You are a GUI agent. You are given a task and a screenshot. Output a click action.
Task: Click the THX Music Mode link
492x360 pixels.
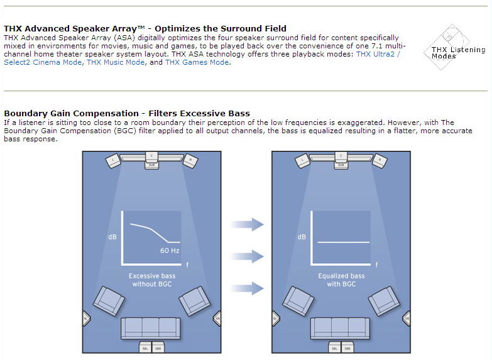click(x=115, y=62)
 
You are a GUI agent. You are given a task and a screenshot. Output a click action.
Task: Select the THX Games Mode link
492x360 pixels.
click(x=197, y=62)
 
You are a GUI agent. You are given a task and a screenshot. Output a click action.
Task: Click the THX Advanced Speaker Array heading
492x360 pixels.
click(x=145, y=28)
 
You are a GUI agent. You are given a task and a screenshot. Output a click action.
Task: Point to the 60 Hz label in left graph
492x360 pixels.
click(x=170, y=250)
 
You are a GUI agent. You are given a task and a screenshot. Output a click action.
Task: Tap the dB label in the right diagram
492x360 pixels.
click(x=302, y=237)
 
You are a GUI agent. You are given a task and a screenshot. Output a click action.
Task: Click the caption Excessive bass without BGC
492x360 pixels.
click(x=152, y=280)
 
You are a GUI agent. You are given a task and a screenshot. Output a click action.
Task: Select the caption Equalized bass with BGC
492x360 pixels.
click(x=341, y=280)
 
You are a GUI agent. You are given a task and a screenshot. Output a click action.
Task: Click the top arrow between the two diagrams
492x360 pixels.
click(x=248, y=223)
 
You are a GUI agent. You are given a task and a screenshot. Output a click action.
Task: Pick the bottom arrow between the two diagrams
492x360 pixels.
click(x=248, y=288)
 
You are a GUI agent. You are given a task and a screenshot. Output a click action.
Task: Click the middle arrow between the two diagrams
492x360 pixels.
click(x=248, y=256)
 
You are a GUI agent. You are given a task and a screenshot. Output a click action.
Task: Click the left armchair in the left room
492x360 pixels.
click(x=109, y=300)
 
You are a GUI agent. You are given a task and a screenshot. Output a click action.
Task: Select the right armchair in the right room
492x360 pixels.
click(x=383, y=300)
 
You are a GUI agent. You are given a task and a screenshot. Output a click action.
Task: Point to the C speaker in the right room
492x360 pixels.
click(x=341, y=155)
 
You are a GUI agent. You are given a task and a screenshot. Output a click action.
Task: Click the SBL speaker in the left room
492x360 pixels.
click(x=145, y=347)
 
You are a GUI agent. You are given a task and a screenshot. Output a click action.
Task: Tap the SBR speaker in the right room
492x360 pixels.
click(x=346, y=347)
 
